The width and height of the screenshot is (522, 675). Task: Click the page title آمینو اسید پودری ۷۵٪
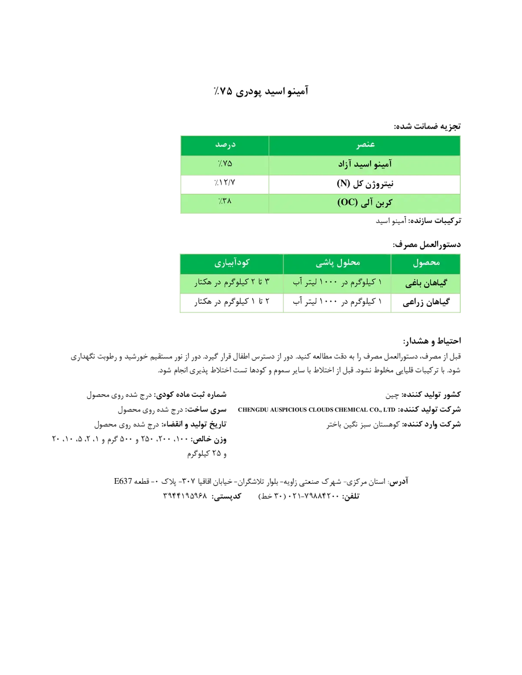[x=261, y=91]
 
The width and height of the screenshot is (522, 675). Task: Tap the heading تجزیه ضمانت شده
[x=427, y=126]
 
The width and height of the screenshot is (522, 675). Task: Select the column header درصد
[x=225, y=145]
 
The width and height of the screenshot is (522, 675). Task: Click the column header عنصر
[x=365, y=145]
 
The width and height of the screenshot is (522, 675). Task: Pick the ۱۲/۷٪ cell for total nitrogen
[x=224, y=183]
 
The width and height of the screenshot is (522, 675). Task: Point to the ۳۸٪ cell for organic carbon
[x=225, y=201]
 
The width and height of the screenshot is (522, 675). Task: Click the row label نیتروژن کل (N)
[x=365, y=183]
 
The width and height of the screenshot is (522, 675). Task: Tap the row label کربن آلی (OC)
[x=365, y=203]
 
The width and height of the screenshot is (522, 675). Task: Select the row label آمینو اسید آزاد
[x=365, y=164]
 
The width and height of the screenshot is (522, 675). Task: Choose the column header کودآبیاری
[x=231, y=263]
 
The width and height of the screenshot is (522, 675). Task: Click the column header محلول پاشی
[x=338, y=263]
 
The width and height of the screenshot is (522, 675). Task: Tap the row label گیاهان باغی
[x=426, y=283]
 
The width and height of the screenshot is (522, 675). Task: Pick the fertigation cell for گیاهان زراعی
[x=231, y=301]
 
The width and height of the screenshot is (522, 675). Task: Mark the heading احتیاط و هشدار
[x=432, y=341]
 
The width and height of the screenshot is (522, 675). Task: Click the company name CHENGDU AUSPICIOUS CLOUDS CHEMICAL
[x=317, y=410]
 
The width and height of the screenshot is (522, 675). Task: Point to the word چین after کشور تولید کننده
[x=392, y=395]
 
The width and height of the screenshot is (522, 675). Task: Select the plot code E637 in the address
[x=123, y=481]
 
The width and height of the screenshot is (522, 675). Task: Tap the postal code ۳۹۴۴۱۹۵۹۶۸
[x=185, y=496]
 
